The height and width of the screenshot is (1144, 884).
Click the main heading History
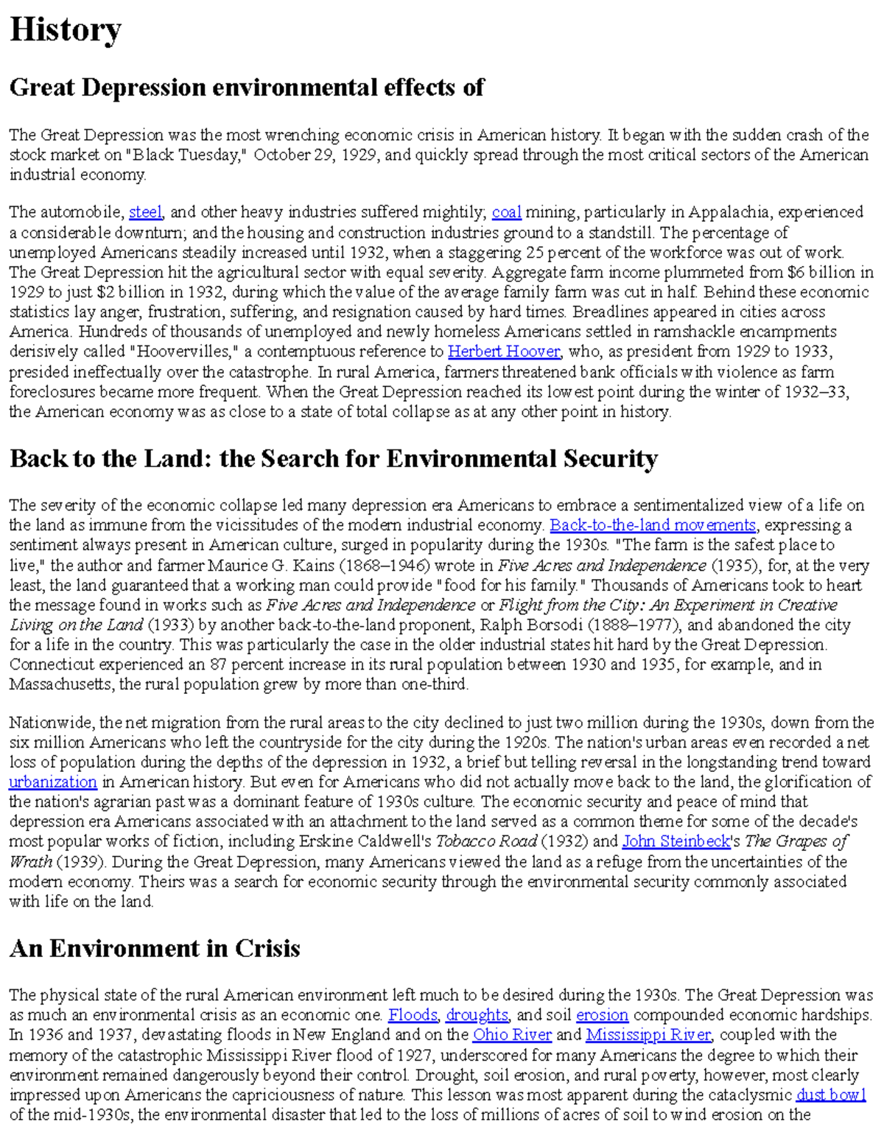point(65,30)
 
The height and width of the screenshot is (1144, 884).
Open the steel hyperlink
point(145,212)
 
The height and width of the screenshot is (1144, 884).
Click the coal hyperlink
point(506,212)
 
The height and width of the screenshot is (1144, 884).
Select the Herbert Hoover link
point(504,351)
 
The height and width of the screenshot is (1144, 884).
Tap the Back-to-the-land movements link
point(653,525)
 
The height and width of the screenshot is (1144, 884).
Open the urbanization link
point(53,782)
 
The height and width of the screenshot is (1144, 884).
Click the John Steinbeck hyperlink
point(676,841)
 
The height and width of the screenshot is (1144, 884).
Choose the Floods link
point(413,1015)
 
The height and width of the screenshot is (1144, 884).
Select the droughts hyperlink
point(477,1015)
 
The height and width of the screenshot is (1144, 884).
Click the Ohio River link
point(511,1035)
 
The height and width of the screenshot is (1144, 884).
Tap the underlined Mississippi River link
point(648,1035)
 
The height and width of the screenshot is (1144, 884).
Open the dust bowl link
point(831,1095)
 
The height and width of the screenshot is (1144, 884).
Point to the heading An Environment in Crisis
point(155,948)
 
